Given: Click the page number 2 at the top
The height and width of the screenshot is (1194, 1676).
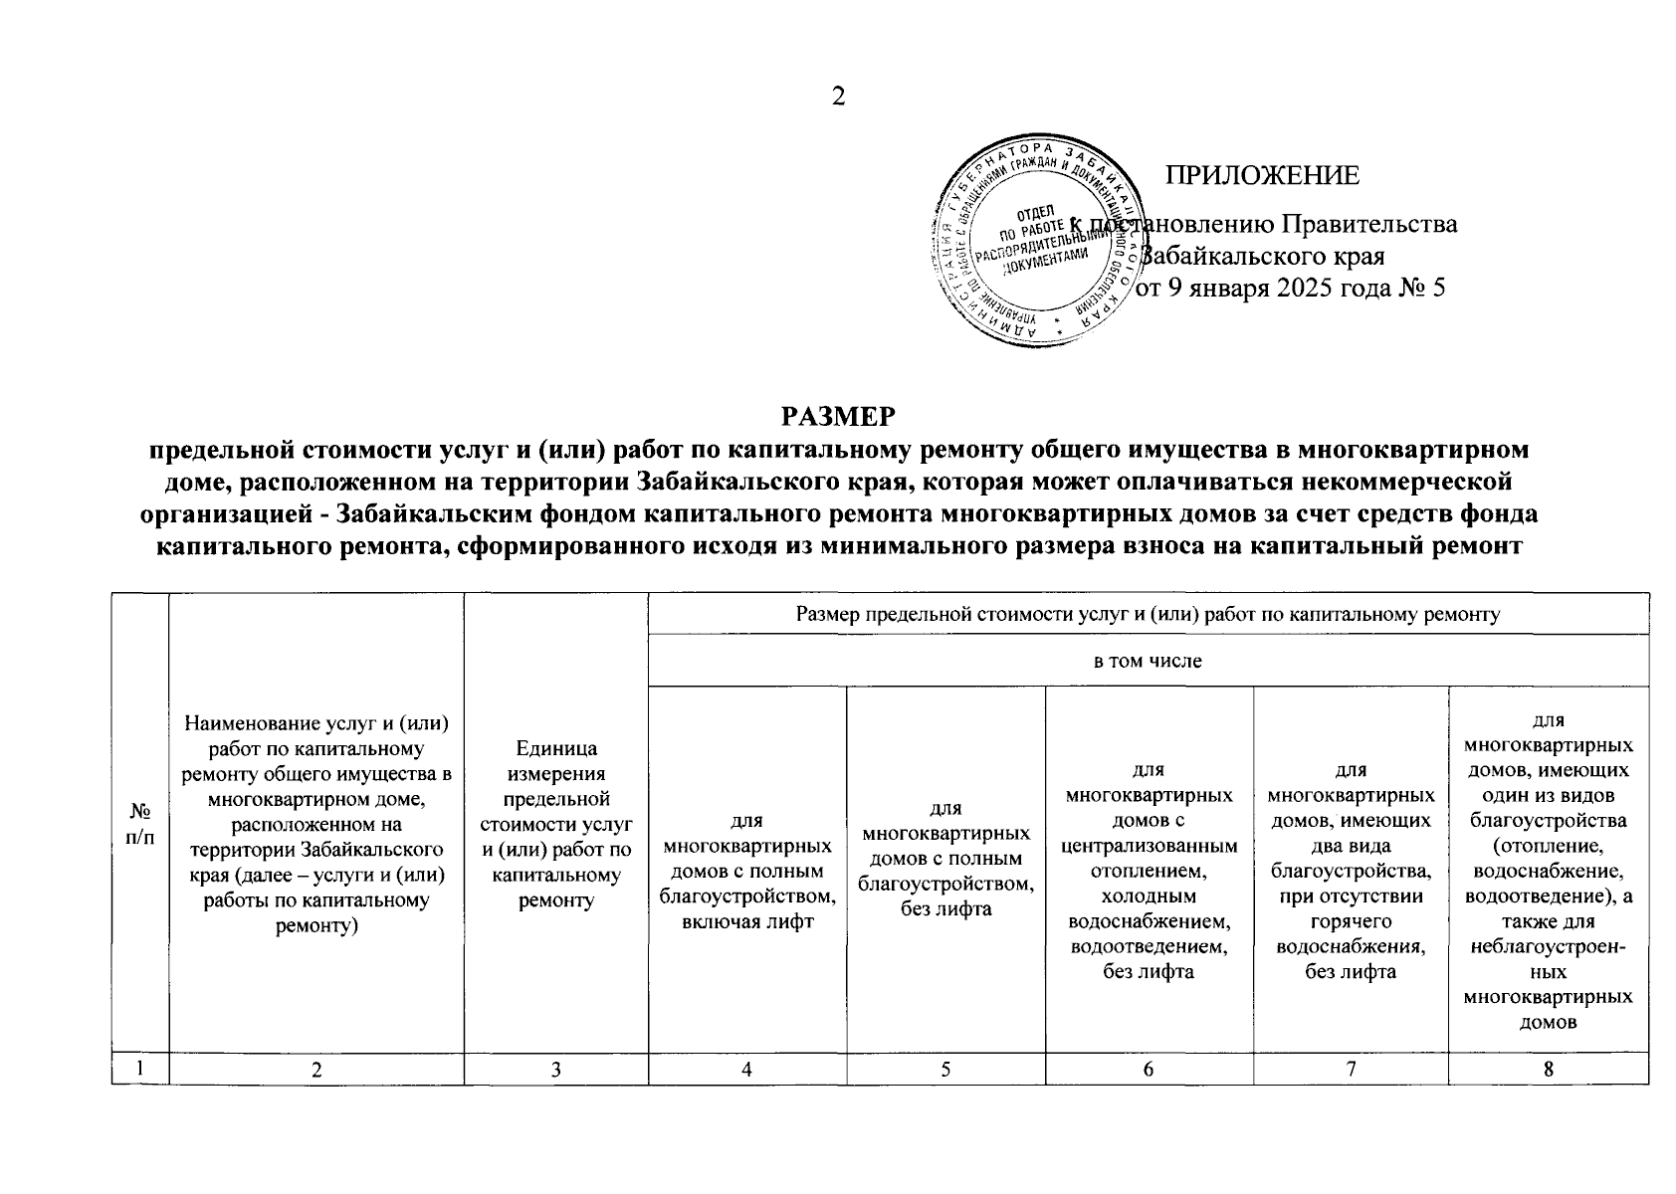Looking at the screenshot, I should (838, 97).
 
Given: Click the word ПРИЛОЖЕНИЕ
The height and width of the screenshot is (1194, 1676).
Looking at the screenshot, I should (1263, 176).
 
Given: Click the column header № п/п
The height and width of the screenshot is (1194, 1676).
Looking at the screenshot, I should (140, 824).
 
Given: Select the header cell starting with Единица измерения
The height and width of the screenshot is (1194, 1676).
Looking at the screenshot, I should (556, 824).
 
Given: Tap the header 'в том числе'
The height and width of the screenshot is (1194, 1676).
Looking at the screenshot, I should (1148, 661).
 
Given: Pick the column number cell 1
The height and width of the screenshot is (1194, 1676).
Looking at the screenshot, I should (140, 1069).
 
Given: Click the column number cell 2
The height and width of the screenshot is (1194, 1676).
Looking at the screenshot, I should (316, 1069).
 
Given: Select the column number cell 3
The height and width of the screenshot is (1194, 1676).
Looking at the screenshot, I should (556, 1069).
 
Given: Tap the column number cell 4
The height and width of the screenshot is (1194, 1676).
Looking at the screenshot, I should (746, 1069).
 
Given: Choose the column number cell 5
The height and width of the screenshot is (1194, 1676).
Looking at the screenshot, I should (945, 1069).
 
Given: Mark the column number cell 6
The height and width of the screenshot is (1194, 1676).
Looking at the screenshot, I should (1149, 1069).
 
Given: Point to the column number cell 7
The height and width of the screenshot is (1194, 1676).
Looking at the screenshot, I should (1351, 1069).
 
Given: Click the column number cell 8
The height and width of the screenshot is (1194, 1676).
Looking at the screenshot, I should (1549, 1069).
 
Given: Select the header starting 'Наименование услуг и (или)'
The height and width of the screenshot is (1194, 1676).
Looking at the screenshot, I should (316, 824).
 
